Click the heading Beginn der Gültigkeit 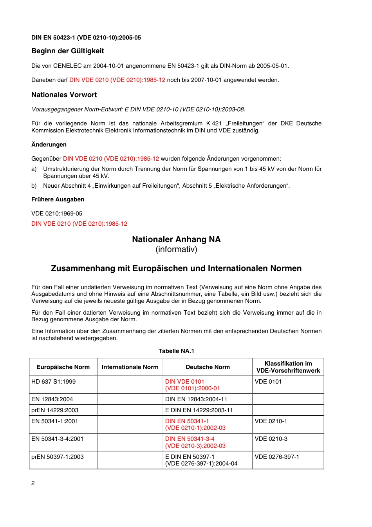pyautogui.click(x=67, y=51)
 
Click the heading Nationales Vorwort pyautogui.click(x=64, y=95)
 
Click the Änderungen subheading pyautogui.click(x=49, y=145)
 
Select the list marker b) pyautogui.click(x=34, y=186)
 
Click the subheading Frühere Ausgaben pyautogui.click(x=58, y=199)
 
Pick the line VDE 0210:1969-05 pyautogui.click(x=57, y=214)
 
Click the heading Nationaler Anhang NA pyautogui.click(x=176, y=239)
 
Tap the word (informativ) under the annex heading pyautogui.click(x=176, y=250)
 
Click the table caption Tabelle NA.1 pyautogui.click(x=176, y=351)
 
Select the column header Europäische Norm pyautogui.click(x=63, y=367)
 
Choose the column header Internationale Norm pyautogui.click(x=130, y=367)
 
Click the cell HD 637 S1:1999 pyautogui.click(x=54, y=382)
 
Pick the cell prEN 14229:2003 pyautogui.click(x=55, y=410)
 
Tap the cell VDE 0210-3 pyautogui.click(x=271, y=439)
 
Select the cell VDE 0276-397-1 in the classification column pyautogui.click(x=277, y=457)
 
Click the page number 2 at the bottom pyautogui.click(x=33, y=483)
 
